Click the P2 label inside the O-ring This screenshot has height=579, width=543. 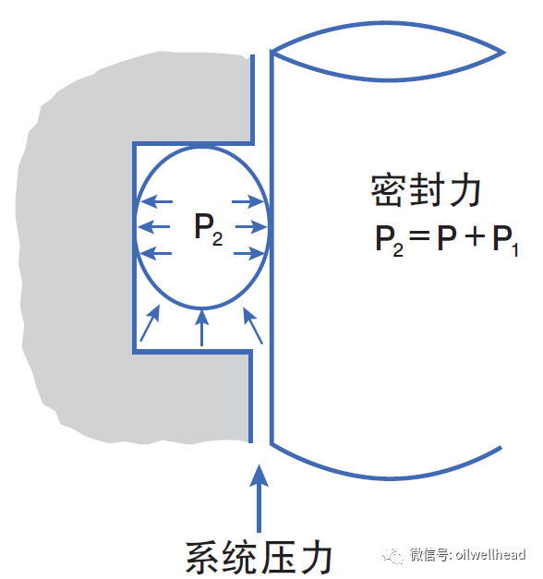click(208, 229)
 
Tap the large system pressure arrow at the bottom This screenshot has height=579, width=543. click(259, 498)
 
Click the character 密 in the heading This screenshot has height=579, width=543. click(386, 190)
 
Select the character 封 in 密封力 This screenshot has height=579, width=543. click(427, 190)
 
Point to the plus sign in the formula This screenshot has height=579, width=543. click(475, 236)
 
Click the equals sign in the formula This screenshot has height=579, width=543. click(419, 235)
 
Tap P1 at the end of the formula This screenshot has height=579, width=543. click(506, 240)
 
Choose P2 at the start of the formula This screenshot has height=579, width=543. click(390, 240)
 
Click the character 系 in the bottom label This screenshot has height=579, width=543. click(203, 557)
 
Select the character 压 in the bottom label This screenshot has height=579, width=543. click(277, 557)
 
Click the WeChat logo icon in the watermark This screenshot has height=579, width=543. click(392, 555)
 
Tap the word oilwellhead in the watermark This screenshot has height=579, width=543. click(490, 554)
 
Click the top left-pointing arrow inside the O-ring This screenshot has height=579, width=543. click(157, 201)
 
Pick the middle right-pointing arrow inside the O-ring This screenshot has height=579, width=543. click(251, 227)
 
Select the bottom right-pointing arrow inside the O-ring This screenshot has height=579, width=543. click(249, 253)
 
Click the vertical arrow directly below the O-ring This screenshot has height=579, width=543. click(201, 328)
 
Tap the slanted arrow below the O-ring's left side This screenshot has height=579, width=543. click(150, 323)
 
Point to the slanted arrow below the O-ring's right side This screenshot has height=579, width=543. click(253, 326)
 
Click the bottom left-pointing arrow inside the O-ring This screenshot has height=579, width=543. click(157, 253)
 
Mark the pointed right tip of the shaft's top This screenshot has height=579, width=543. click(504, 52)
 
